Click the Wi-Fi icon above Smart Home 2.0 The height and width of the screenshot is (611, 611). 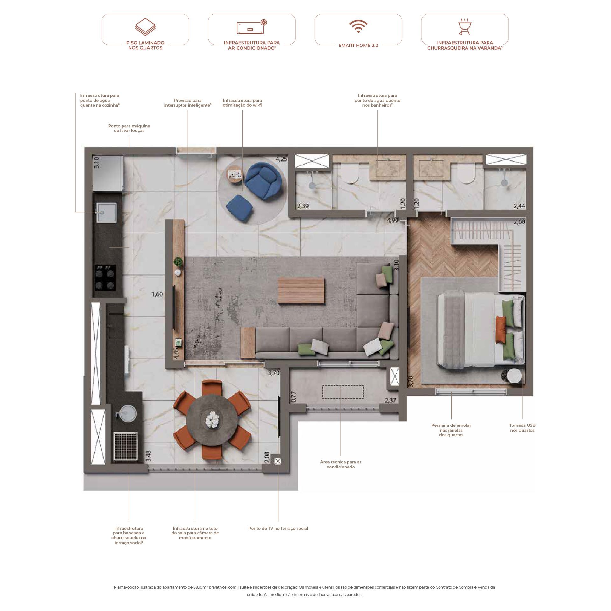click(358, 26)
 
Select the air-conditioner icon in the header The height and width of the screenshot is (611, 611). click(252, 27)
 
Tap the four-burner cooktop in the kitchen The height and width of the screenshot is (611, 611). click(105, 278)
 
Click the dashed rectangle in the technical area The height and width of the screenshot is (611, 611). click(343, 392)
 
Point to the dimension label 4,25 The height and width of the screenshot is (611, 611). click(281, 159)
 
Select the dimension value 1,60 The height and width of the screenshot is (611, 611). click(157, 294)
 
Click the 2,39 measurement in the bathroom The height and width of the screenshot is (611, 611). click(303, 206)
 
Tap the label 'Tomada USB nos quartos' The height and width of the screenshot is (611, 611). click(522, 428)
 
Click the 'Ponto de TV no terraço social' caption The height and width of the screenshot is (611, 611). click(278, 528)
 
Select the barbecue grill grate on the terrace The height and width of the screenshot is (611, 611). click(126, 446)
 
